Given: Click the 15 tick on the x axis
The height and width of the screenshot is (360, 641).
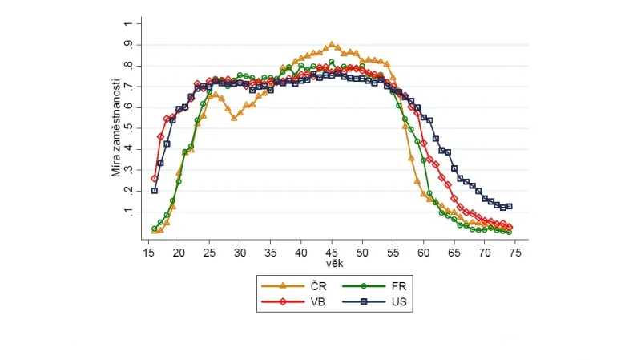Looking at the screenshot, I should pyautogui.click(x=148, y=251).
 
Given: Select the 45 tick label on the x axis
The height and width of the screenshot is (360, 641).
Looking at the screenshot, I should pyautogui.click(x=332, y=251).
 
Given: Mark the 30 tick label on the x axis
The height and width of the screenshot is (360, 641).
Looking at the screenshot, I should pyautogui.click(x=240, y=251).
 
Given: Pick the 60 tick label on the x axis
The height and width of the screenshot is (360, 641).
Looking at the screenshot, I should pyautogui.click(x=423, y=251).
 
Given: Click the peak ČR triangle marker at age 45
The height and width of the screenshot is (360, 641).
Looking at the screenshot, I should pyautogui.click(x=332, y=45).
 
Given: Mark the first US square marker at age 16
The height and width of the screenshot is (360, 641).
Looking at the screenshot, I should pyautogui.click(x=155, y=191).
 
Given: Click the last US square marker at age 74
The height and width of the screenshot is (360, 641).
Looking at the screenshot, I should pyautogui.click(x=509, y=206).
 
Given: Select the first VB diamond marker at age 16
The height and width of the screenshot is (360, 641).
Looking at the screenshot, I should pyautogui.click(x=155, y=178).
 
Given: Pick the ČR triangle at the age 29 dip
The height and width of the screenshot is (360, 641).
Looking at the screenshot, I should pyautogui.click(x=234, y=117).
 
